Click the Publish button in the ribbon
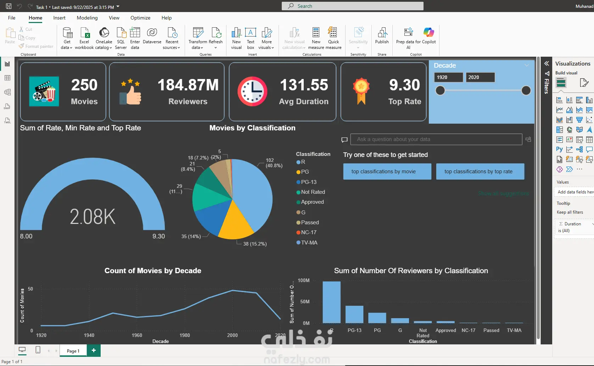[x=382, y=36]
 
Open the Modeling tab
[x=87, y=18]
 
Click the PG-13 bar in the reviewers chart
[x=354, y=314]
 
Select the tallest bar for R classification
[x=331, y=302]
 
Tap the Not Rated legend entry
[x=313, y=192]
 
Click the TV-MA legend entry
[x=309, y=243]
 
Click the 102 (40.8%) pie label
[x=274, y=163]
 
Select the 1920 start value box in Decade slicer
[x=448, y=77]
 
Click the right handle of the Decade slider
[x=526, y=91]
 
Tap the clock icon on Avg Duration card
[x=252, y=91]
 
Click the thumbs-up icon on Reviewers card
[x=131, y=92]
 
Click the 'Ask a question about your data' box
[x=436, y=139]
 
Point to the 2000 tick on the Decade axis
[x=232, y=335]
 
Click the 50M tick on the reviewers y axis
[x=304, y=302]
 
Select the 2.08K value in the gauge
[x=93, y=216]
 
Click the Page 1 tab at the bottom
[x=73, y=351]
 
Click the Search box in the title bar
[x=352, y=6]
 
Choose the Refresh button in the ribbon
[x=215, y=37]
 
